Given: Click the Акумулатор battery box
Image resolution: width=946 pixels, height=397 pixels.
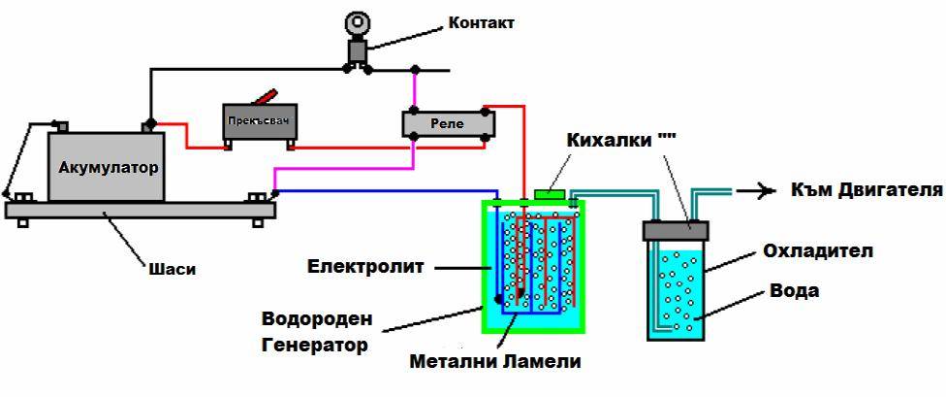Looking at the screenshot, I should tap(107, 166).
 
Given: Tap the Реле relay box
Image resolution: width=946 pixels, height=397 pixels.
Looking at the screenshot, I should tap(448, 124).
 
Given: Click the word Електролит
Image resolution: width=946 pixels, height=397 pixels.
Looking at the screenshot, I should tap(365, 266).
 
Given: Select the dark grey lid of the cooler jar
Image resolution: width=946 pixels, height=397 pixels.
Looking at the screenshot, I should tap(676, 230).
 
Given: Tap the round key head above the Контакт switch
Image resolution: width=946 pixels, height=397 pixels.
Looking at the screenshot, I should tap(359, 22).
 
